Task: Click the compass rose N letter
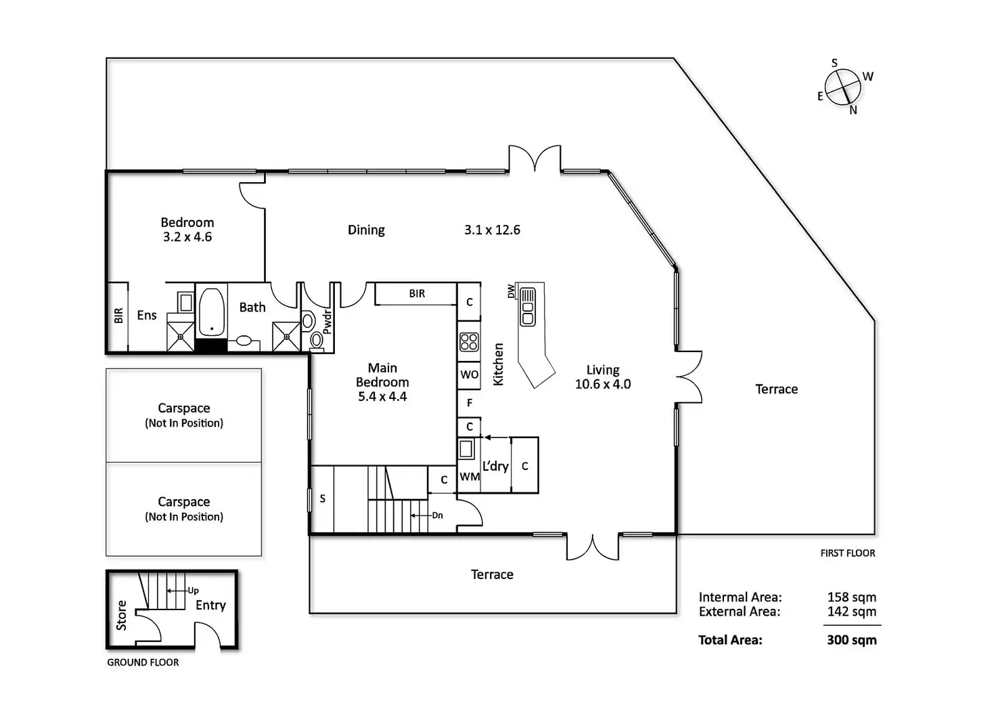pyautogui.click(x=853, y=110)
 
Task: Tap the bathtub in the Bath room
pyautogui.click(x=212, y=312)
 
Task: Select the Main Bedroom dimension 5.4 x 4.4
pyautogui.click(x=382, y=397)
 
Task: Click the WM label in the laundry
pyautogui.click(x=470, y=477)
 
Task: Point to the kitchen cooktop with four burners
pyautogui.click(x=469, y=342)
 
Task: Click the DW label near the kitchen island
pyautogui.click(x=512, y=291)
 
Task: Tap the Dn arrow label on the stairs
pyautogui.click(x=438, y=515)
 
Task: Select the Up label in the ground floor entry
pyautogui.click(x=193, y=591)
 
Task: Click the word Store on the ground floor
pyautogui.click(x=122, y=615)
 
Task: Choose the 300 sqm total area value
pyautogui.click(x=851, y=640)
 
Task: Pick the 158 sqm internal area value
pyautogui.click(x=851, y=597)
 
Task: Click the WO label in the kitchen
pyautogui.click(x=470, y=375)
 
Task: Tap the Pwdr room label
pyautogui.click(x=327, y=322)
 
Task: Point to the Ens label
pyautogui.click(x=147, y=315)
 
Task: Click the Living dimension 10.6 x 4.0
pyautogui.click(x=603, y=385)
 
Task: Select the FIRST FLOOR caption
pyautogui.click(x=847, y=553)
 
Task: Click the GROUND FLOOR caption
pyautogui.click(x=143, y=662)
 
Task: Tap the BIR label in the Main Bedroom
pyautogui.click(x=417, y=294)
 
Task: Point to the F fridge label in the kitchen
pyautogui.click(x=470, y=403)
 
